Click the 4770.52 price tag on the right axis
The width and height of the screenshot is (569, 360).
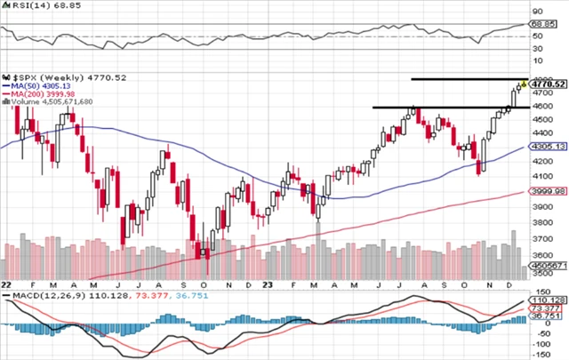(x=550, y=84)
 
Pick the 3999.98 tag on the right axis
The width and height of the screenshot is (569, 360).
(x=550, y=189)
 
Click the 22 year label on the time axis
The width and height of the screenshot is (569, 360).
(x=6, y=284)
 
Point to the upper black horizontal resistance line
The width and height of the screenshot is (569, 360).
(x=467, y=79)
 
